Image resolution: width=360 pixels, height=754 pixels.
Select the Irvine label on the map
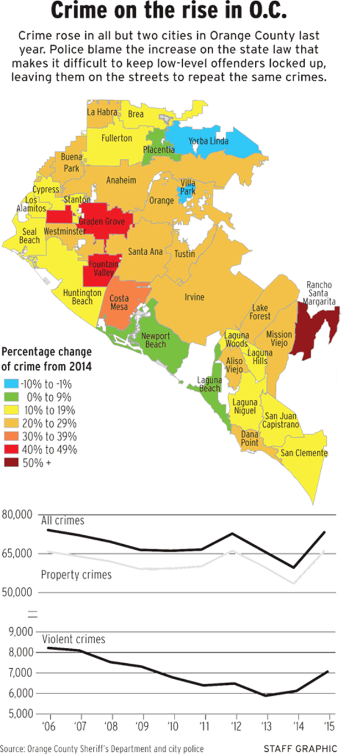click(194, 297)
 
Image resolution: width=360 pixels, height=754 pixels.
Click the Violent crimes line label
click(74, 640)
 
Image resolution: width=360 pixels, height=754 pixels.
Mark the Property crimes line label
click(76, 575)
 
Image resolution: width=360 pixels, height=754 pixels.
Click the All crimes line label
click(63, 520)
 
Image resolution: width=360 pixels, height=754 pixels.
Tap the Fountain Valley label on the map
click(103, 269)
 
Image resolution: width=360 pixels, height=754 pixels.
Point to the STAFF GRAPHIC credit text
click(300, 748)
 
